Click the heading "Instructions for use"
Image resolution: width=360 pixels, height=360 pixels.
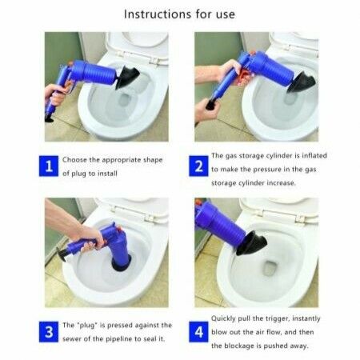179,14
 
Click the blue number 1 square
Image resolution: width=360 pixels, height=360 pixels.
49,166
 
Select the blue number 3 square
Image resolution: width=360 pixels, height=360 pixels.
49,333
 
